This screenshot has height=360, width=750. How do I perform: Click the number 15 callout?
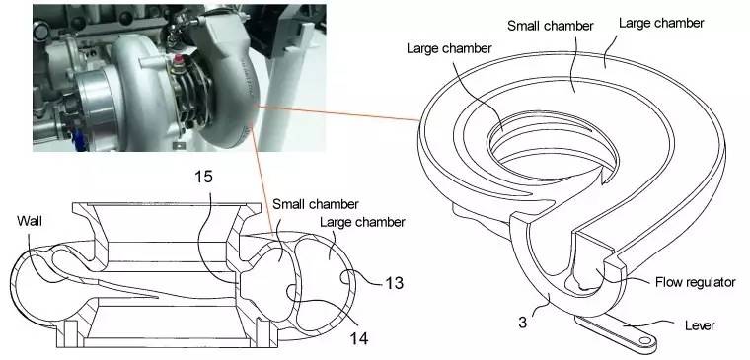pyautogui.click(x=203, y=177)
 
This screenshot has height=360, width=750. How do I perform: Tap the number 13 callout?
pyautogui.click(x=394, y=282)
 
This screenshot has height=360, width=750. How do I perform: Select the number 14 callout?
pyautogui.click(x=359, y=338)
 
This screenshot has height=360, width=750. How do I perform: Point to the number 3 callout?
pyautogui.click(x=523, y=323)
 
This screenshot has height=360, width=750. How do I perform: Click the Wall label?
pyautogui.click(x=30, y=221)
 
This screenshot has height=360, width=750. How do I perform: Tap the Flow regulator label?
pyautogui.click(x=695, y=282)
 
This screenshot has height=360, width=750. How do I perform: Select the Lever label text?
pyautogui.click(x=700, y=325)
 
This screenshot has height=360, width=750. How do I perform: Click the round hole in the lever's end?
pyautogui.click(x=645, y=340)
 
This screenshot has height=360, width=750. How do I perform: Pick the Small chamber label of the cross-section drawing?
pyautogui.click(x=315, y=204)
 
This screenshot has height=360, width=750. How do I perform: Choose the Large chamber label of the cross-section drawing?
pyautogui.click(x=362, y=222)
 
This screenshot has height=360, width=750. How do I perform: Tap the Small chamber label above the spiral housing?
pyautogui.click(x=550, y=26)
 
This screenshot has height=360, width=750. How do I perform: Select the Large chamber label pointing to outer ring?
pyautogui.click(x=661, y=23)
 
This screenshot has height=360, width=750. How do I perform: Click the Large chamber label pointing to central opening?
pyautogui.click(x=449, y=48)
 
